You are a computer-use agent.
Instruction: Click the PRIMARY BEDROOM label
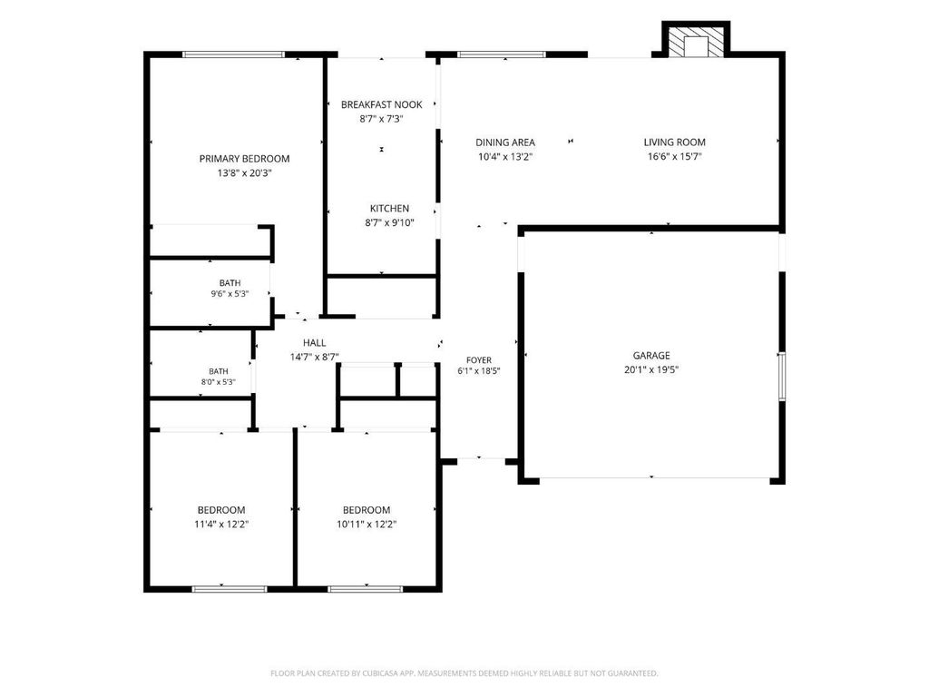point(244,159)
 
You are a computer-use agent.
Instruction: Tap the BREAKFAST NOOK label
point(382,105)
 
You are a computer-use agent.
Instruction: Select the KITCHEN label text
point(389,209)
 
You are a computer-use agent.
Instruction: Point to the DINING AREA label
point(504,142)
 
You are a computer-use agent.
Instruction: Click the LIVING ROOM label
point(674,142)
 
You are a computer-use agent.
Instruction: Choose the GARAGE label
point(651,356)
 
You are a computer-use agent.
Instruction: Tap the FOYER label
point(479,360)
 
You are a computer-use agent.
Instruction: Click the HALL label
point(314,342)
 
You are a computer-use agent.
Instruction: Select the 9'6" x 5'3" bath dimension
point(230,293)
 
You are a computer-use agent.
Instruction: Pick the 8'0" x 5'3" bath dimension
point(218,382)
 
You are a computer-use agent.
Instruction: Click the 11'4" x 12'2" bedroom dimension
point(221,524)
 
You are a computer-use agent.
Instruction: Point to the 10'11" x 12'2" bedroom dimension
point(367,524)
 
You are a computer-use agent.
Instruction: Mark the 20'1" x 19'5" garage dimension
point(651,370)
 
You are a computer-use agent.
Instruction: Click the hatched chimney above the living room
point(696,40)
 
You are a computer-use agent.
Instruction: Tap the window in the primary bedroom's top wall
point(233,54)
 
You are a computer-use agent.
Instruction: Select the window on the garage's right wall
point(782,376)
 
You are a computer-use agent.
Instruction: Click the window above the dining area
point(502,54)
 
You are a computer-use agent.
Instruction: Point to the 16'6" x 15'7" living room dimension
point(674,156)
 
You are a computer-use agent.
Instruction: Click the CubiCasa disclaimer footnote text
point(464,673)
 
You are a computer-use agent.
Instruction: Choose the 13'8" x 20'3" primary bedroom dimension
point(244,173)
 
